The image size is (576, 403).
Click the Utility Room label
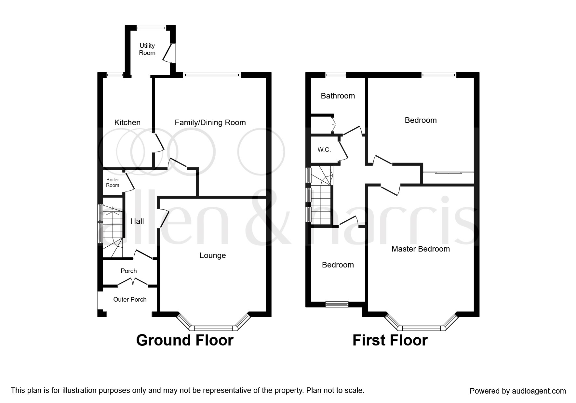click(x=147, y=49)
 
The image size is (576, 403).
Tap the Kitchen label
click(x=127, y=123)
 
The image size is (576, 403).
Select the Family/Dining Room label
click(x=210, y=123)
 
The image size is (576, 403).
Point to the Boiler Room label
click(x=113, y=182)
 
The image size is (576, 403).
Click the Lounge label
click(x=213, y=255)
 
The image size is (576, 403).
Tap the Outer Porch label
click(x=130, y=299)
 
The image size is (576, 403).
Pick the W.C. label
click(x=324, y=150)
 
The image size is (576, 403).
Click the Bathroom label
click(x=338, y=96)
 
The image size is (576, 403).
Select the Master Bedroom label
click(x=421, y=249)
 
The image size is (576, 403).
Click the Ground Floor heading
click(x=185, y=340)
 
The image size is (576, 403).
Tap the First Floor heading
click(x=390, y=340)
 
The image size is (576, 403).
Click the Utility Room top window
click(x=151, y=28)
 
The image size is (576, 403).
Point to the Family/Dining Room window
click(x=212, y=75)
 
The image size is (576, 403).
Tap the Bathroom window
click(x=336, y=75)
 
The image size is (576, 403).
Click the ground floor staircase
click(x=113, y=231)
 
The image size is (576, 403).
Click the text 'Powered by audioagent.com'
click(x=518, y=391)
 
